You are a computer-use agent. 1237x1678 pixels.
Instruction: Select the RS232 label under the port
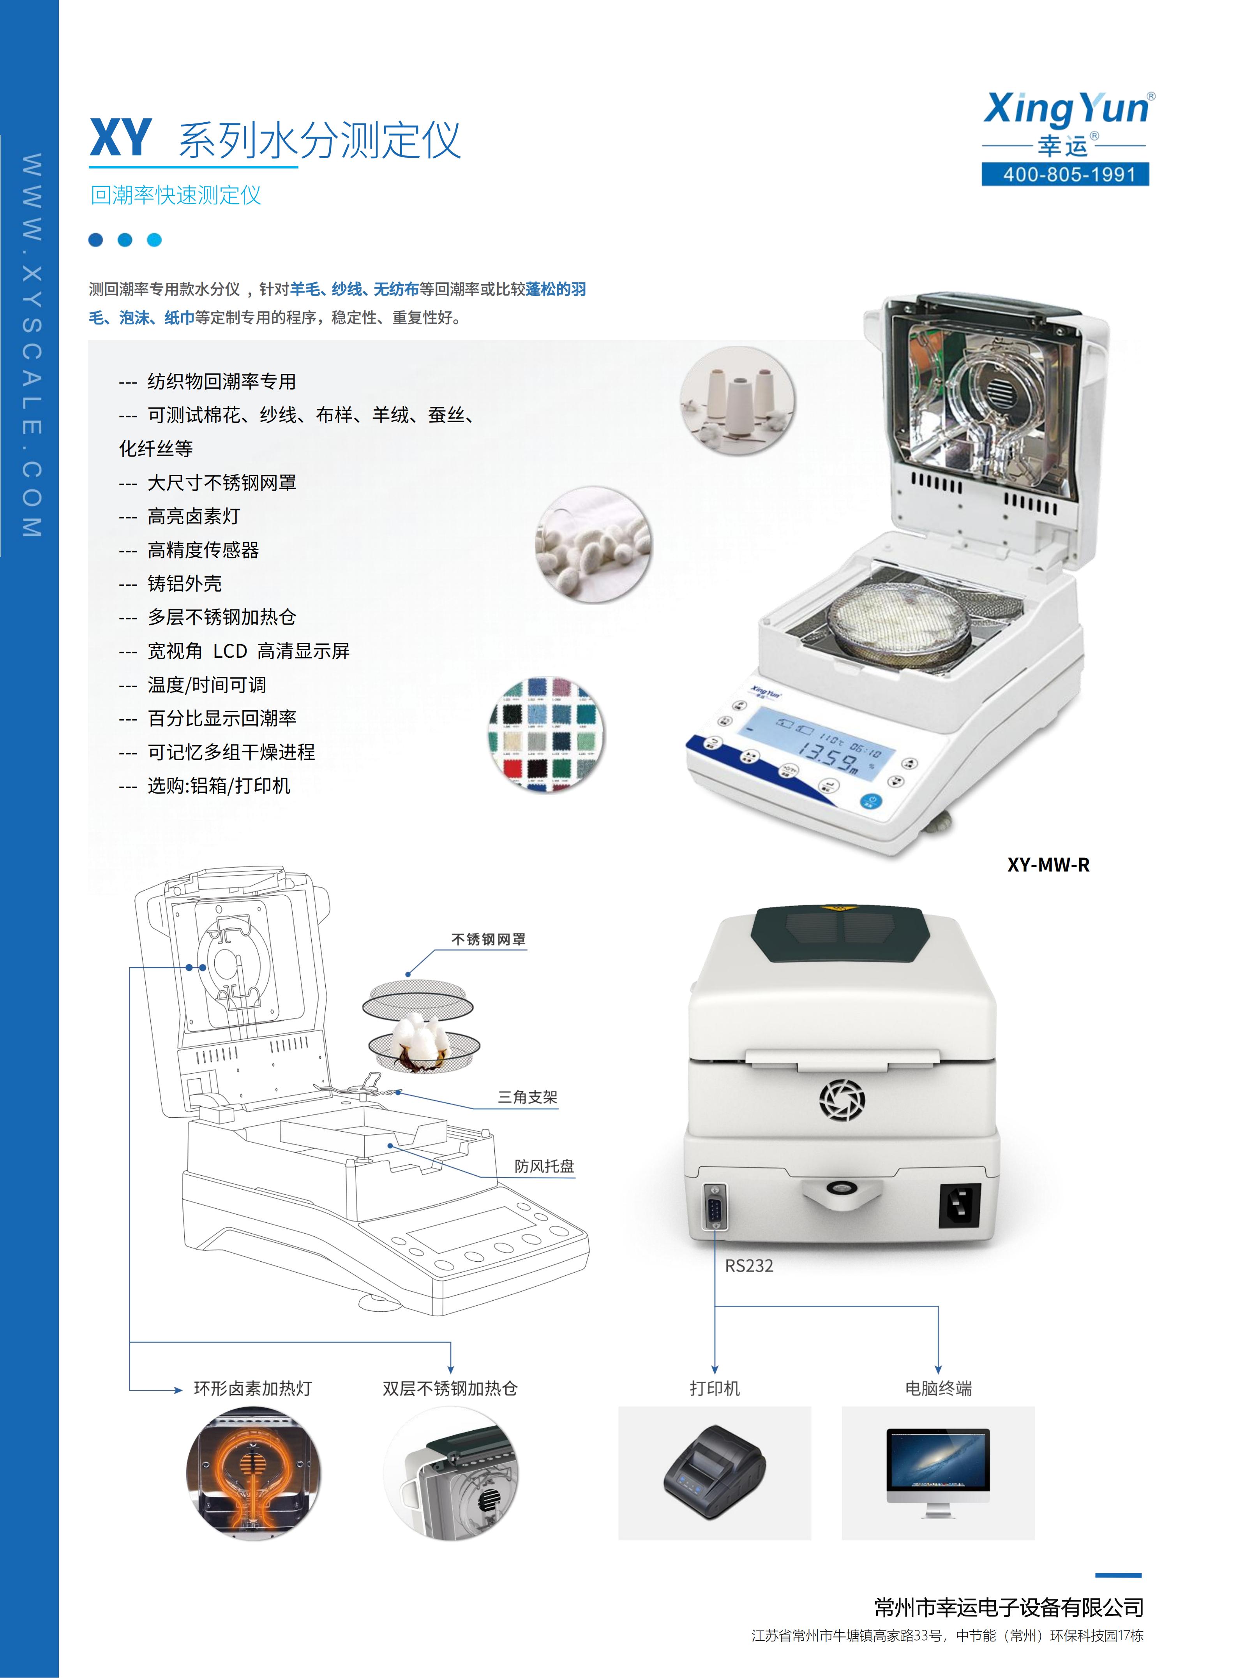[749, 1266]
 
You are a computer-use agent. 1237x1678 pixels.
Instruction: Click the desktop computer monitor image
[938, 1472]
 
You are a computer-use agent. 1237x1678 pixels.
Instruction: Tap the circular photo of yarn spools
[738, 400]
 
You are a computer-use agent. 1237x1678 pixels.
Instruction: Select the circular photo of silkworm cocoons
[594, 544]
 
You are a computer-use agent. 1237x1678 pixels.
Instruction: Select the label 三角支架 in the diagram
[528, 1097]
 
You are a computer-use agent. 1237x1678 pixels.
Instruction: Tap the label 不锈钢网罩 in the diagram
[488, 939]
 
